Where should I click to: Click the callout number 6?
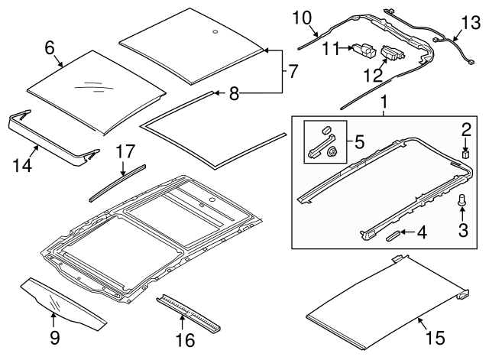click(50, 47)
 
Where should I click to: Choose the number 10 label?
click(303, 17)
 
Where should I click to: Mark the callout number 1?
click(384, 102)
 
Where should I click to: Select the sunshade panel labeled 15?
click(382, 298)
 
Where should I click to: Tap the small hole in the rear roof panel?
click(215, 32)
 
